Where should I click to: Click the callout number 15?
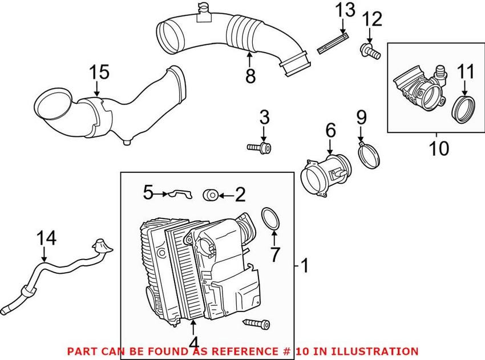point(98,73)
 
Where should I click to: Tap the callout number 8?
point(250,76)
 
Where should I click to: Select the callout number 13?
point(345,11)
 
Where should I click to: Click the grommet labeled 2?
point(210,195)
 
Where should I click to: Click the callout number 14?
point(46,238)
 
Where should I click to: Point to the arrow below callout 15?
point(98,90)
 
